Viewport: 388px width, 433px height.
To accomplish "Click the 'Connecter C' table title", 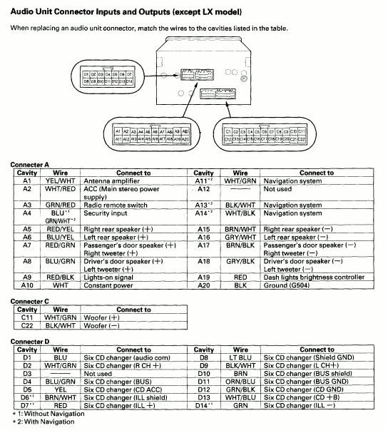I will click(30, 302).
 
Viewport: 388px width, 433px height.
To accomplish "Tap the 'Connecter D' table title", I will click(30, 342).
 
